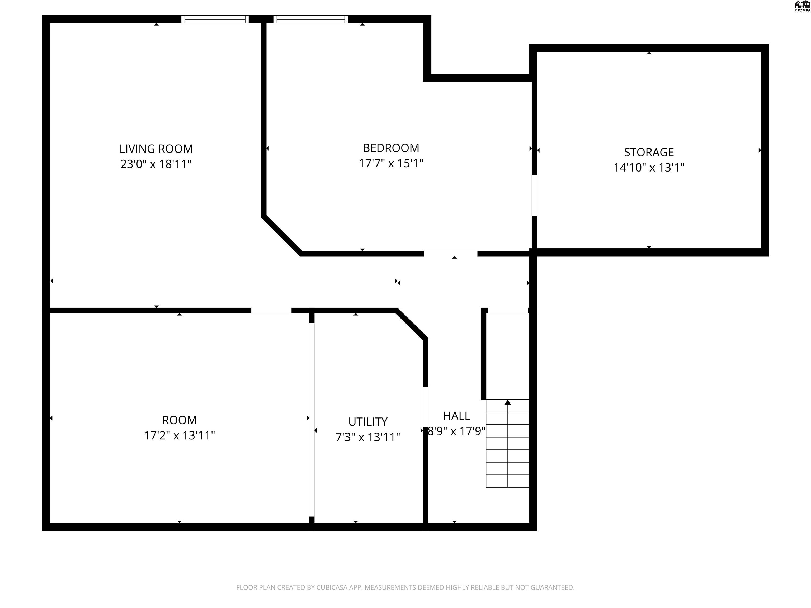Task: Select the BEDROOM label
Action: tap(391, 148)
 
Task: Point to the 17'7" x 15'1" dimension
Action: tap(391, 163)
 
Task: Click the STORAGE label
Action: tap(649, 152)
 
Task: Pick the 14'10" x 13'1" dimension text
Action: tap(649, 168)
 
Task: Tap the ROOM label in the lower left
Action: tap(179, 420)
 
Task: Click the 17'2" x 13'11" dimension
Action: tap(179, 435)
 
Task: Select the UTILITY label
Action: tap(368, 422)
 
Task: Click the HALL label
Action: tap(456, 416)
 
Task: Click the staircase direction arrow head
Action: tap(507, 402)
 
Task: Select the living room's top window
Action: tap(215, 19)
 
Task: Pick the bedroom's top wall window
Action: tap(310, 19)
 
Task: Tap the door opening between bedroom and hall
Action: tap(451, 253)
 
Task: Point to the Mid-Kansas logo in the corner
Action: tap(801, 6)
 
